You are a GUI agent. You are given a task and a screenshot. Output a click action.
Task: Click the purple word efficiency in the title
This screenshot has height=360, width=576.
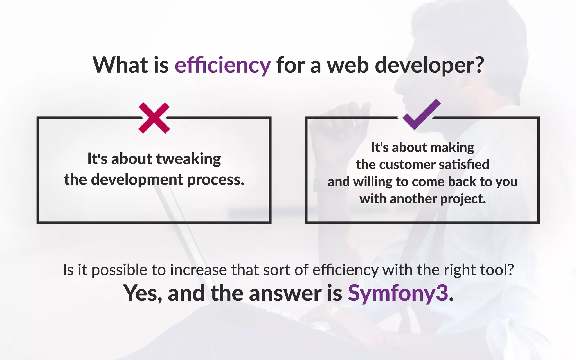(x=223, y=65)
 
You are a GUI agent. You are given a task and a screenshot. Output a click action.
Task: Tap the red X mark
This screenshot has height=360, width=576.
(x=154, y=118)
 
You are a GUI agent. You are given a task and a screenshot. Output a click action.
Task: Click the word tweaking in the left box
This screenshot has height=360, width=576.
(x=188, y=159)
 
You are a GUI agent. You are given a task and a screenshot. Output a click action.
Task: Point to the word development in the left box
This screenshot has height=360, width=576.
(x=137, y=180)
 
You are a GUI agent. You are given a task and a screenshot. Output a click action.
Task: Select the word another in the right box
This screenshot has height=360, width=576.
(x=413, y=199)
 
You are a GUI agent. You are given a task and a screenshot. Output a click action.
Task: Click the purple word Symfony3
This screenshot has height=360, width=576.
(x=398, y=293)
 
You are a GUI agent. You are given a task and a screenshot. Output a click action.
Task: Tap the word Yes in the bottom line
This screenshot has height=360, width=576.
(x=142, y=293)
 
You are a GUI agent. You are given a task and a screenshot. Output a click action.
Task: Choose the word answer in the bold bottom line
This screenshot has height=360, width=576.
(x=285, y=293)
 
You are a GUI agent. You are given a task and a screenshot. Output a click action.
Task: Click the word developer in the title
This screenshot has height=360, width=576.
(x=429, y=65)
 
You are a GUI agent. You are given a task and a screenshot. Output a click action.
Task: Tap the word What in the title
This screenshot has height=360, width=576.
(x=120, y=65)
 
